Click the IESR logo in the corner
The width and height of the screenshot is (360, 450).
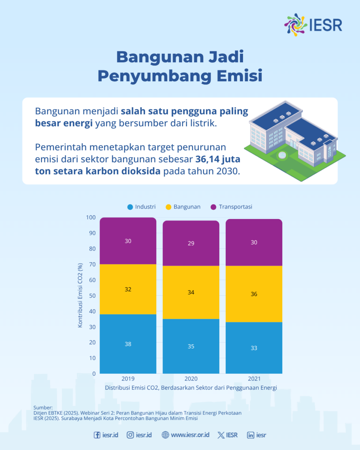313,25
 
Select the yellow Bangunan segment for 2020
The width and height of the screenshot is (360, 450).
191,292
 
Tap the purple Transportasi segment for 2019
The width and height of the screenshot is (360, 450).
128,241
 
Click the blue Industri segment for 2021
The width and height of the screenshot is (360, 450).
254,348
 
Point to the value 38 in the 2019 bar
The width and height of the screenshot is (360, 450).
128,344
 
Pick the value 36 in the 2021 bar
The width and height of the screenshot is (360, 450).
254,294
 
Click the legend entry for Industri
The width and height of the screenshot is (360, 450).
141,207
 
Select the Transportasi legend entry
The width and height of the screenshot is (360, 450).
231,207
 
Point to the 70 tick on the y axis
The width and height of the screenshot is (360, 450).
92,264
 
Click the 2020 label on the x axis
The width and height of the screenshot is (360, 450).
191,379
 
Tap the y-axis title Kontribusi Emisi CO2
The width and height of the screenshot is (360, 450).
80,295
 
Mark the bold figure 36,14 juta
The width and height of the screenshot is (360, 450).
218,159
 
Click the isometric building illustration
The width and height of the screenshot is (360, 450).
295,141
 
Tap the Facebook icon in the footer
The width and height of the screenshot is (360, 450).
97,435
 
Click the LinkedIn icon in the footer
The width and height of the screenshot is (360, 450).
251,435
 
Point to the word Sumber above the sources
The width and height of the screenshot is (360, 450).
43,408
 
